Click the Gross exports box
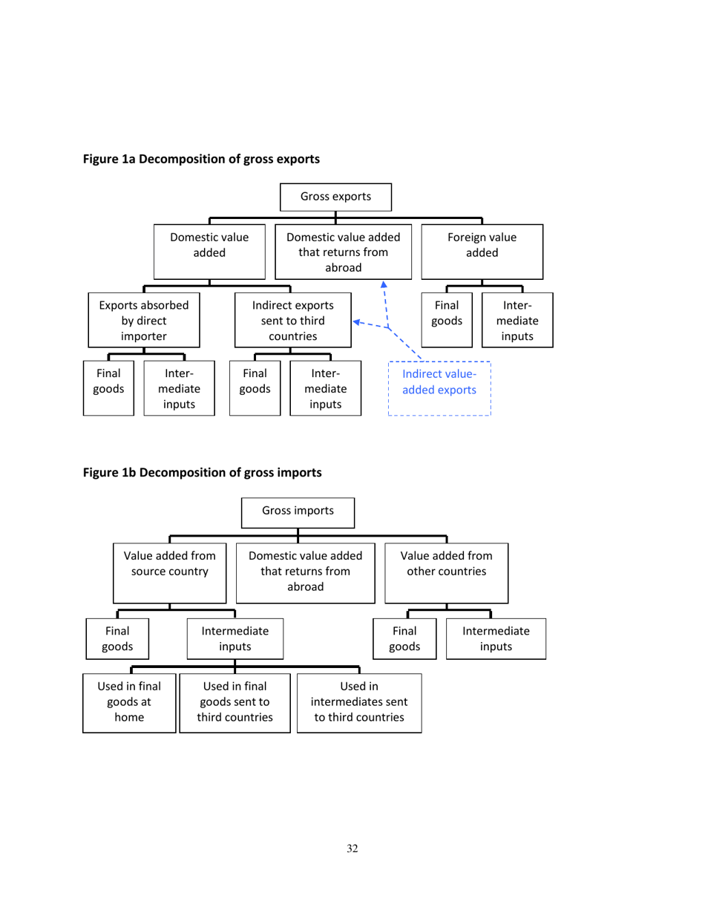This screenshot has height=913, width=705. pyautogui.click(x=335, y=197)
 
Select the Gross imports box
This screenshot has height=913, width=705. pyautogui.click(x=298, y=511)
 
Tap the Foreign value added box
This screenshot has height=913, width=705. pyautogui.click(x=482, y=252)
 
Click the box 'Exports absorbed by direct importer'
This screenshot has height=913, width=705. pyautogui.click(x=144, y=321)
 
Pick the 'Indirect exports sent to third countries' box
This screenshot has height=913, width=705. pyautogui.click(x=292, y=321)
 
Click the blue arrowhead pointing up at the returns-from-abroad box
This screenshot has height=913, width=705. pyautogui.click(x=384, y=285)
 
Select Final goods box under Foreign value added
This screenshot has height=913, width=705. pyautogui.click(x=447, y=321)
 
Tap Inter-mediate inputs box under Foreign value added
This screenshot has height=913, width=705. pyautogui.click(x=517, y=321)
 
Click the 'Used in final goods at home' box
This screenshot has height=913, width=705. pyautogui.click(x=129, y=703)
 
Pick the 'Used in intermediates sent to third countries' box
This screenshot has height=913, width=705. pyautogui.click(x=359, y=703)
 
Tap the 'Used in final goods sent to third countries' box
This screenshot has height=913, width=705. pyautogui.click(x=235, y=703)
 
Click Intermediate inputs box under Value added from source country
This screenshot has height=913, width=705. pyautogui.click(x=235, y=638)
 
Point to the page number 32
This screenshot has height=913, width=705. pyautogui.click(x=352, y=849)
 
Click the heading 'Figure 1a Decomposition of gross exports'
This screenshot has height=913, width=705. pyautogui.click(x=201, y=159)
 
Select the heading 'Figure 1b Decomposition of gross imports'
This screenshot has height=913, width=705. pyautogui.click(x=202, y=472)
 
